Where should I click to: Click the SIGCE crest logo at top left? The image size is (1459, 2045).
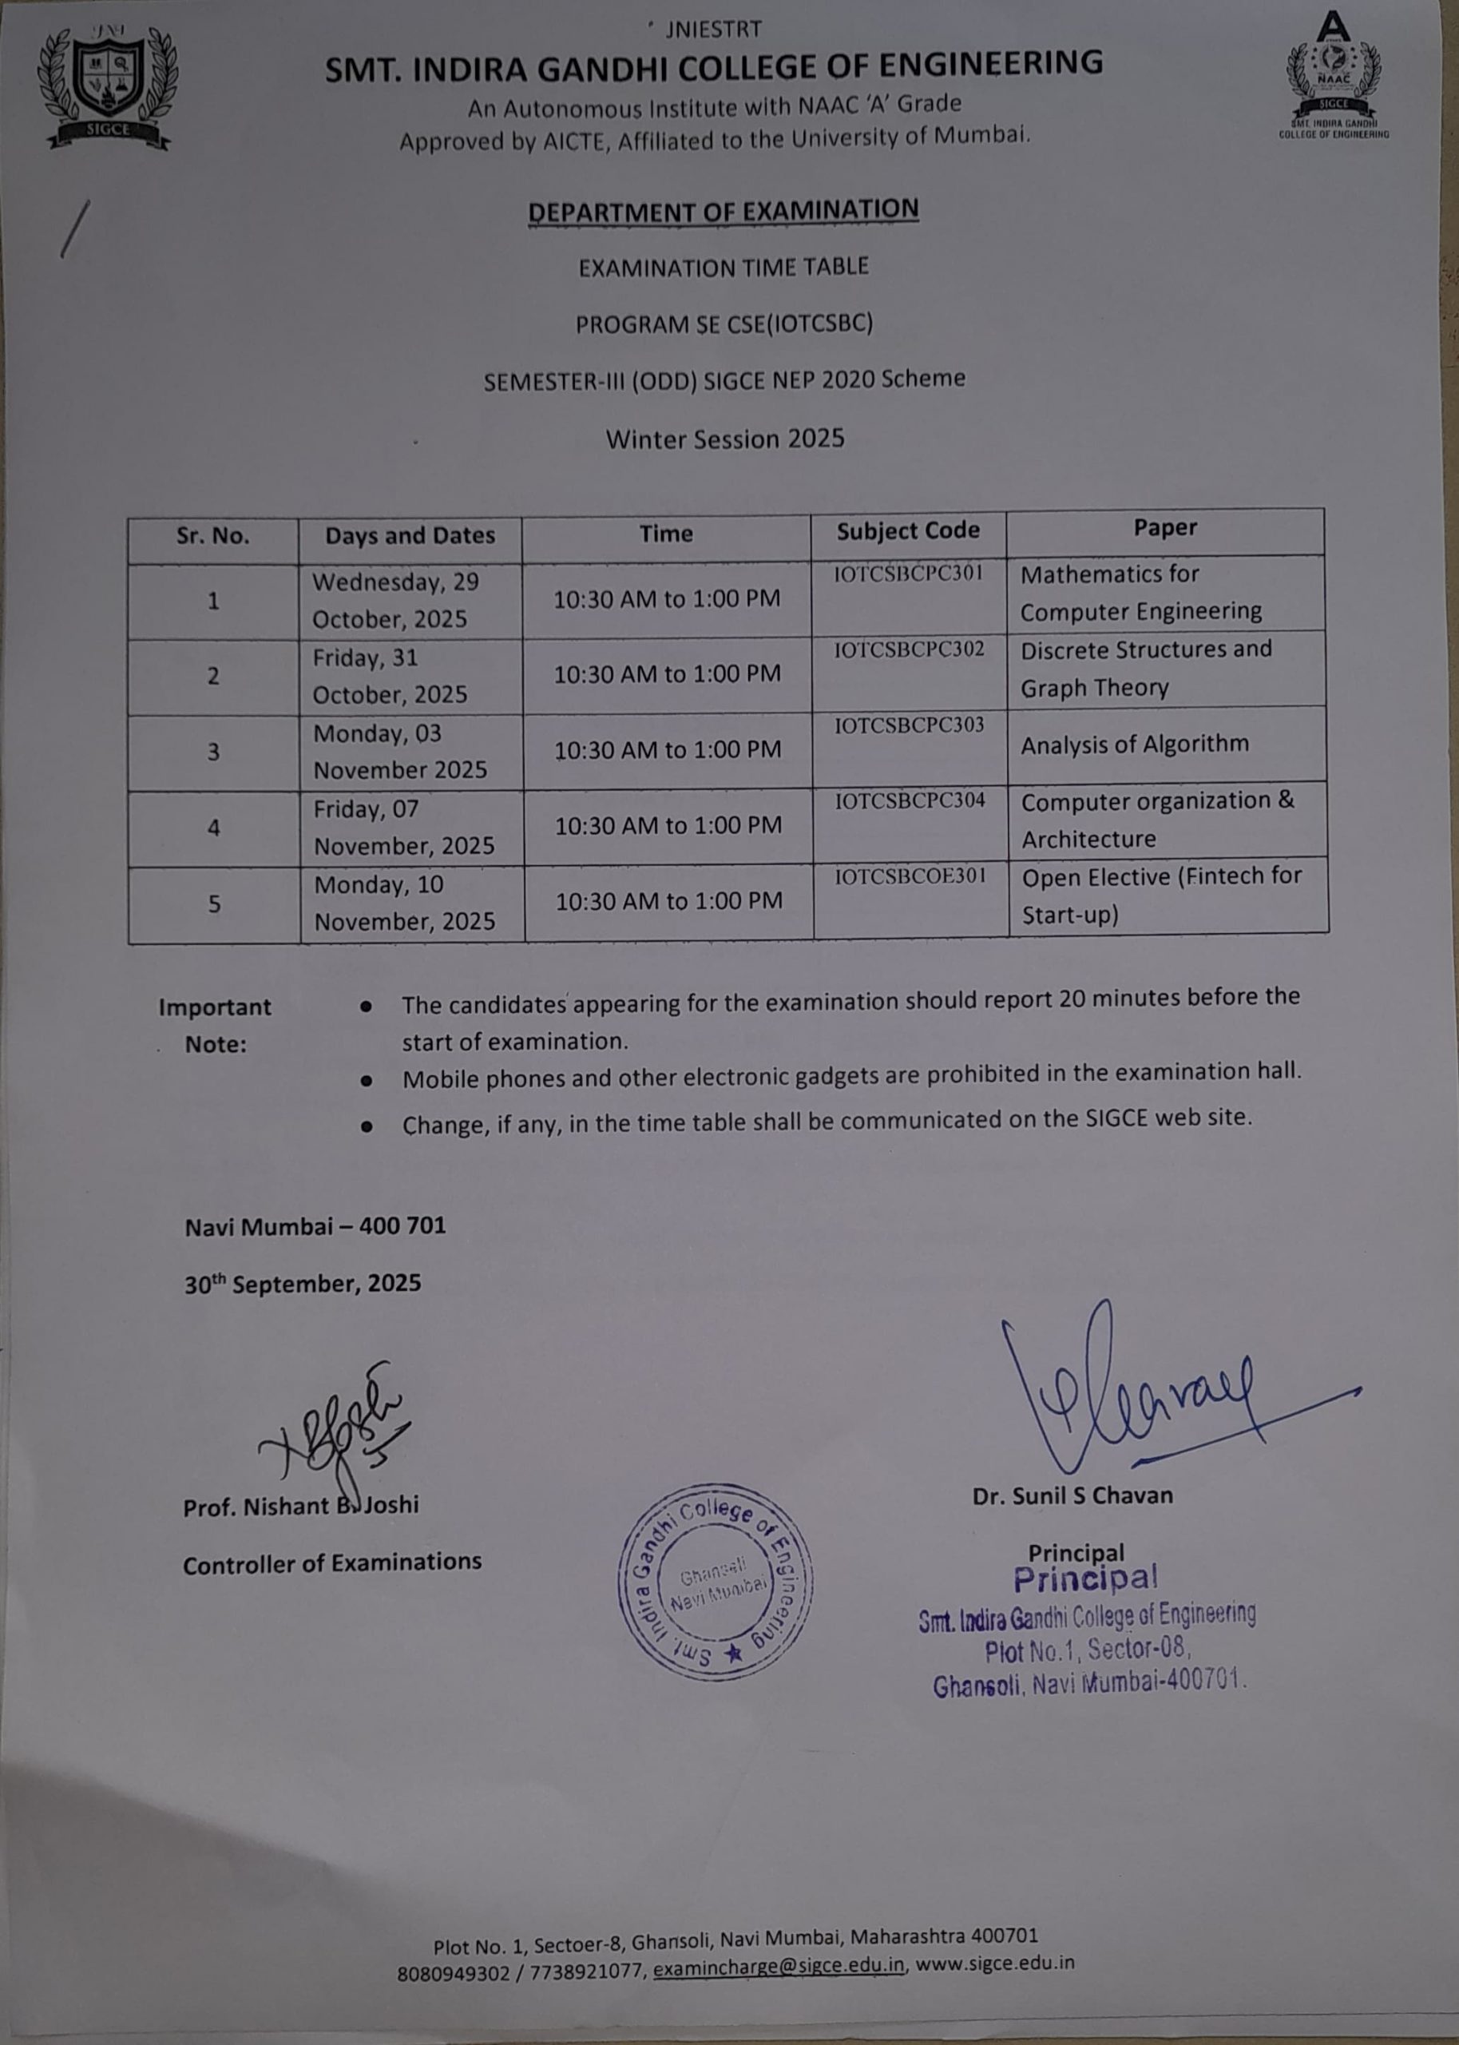point(108,86)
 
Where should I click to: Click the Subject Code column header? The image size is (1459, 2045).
point(907,531)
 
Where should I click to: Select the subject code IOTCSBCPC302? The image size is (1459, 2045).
point(908,649)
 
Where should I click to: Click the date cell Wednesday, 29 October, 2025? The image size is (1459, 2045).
point(395,600)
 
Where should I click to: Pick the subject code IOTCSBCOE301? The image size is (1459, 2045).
point(910,876)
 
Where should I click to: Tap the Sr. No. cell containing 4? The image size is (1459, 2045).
point(214,828)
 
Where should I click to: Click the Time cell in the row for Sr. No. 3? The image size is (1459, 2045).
point(668,749)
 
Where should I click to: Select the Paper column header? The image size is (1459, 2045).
point(1164,528)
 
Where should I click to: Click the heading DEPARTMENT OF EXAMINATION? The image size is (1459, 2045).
point(724,211)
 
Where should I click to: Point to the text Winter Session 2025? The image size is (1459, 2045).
point(725,439)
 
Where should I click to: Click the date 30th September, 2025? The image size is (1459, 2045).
point(303,1283)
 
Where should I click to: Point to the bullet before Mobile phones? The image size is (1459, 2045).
point(366,1081)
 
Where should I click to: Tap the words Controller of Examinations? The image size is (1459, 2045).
point(331,1564)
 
